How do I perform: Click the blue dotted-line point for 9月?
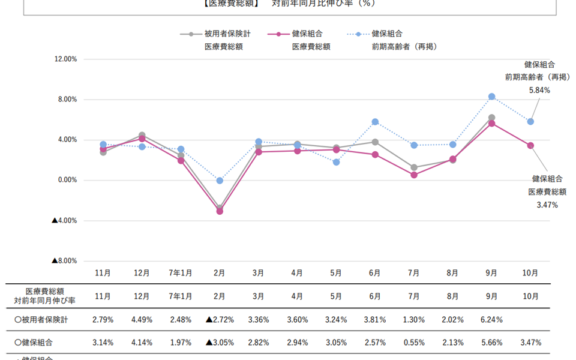[491, 97]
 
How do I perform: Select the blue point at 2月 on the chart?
[220, 181]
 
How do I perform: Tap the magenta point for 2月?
[220, 211]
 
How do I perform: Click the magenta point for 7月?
[414, 175]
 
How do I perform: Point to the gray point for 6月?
[375, 142]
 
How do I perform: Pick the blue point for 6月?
[375, 122]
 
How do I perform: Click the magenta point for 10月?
[530, 145]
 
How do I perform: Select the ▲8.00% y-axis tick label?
[65, 260]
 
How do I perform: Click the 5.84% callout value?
[539, 90]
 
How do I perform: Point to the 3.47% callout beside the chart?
[547, 205]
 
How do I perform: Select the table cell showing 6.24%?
[491, 320]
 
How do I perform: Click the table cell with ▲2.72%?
[219, 320]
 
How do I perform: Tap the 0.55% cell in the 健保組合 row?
[414, 343]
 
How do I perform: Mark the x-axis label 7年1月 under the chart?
[181, 272]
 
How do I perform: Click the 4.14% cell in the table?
[142, 343]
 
